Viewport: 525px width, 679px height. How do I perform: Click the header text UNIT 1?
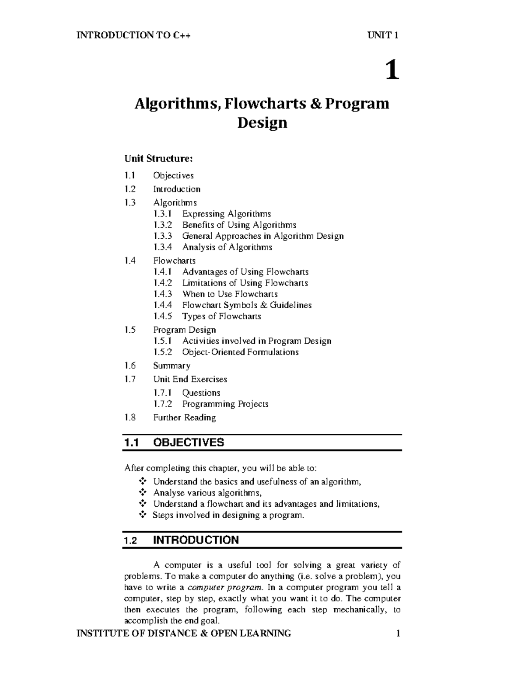[383, 35]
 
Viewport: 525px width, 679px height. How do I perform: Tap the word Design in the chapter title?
[262, 123]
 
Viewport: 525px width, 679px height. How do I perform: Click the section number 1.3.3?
[163, 236]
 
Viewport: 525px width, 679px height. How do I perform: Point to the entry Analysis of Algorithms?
[227, 247]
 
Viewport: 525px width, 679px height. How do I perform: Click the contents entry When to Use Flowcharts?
[230, 294]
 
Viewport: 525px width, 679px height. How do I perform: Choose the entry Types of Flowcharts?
[221, 316]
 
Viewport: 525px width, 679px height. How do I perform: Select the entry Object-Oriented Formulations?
[240, 352]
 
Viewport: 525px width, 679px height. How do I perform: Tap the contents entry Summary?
[171, 366]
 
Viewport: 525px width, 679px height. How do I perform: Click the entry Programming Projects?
[225, 404]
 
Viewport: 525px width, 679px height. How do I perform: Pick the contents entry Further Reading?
[184, 418]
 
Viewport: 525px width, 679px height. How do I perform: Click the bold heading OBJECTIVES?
[189, 442]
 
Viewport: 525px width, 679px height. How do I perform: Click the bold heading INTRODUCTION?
[196, 540]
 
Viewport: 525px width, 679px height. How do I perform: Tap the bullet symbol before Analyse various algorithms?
[142, 493]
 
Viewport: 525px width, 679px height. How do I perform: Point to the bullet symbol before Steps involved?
[142, 515]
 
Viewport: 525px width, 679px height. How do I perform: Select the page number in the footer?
[398, 633]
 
